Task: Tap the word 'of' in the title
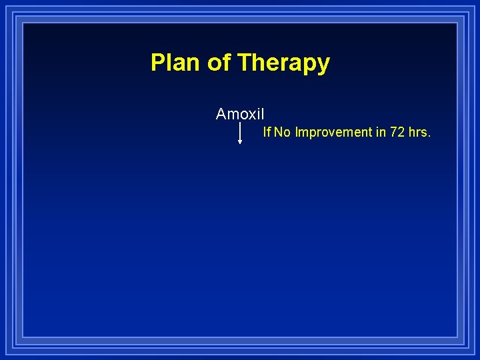click(219, 63)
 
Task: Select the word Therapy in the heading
click(283, 63)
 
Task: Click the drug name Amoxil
click(240, 114)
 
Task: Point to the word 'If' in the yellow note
click(267, 132)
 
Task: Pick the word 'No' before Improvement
click(282, 132)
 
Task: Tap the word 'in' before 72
click(381, 132)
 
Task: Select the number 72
click(397, 132)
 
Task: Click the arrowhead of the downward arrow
click(240, 141)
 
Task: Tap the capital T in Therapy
click(244, 63)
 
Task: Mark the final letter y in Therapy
click(324, 65)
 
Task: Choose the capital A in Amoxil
click(221, 114)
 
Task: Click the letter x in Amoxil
click(252, 115)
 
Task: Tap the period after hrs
click(429, 135)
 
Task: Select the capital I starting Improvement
click(297, 132)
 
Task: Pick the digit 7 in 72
click(394, 132)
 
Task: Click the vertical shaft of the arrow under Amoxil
click(240, 131)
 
